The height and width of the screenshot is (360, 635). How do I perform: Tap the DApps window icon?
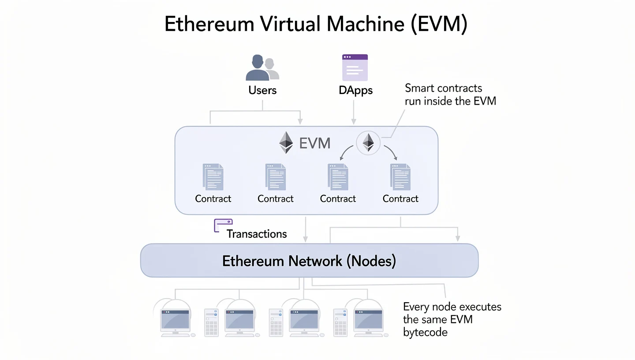[355, 67]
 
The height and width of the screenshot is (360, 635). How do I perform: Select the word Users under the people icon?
[262, 90]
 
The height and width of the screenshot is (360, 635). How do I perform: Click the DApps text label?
[355, 90]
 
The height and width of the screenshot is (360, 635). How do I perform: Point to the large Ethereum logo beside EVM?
[286, 142]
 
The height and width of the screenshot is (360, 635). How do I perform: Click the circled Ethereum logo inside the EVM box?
[368, 143]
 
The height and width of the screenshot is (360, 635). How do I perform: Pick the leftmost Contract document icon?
[213, 177]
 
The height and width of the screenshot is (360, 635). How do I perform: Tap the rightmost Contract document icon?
[400, 177]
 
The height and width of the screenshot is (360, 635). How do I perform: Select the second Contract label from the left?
[276, 199]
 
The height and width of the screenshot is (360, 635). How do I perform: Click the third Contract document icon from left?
[338, 177]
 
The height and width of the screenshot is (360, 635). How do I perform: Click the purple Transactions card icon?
[223, 225]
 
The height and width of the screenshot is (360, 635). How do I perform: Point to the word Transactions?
[257, 234]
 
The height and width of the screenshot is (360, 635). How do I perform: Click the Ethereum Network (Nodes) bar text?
[309, 261]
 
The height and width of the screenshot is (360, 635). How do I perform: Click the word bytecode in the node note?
[425, 332]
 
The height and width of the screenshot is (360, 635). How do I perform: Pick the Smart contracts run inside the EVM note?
[450, 94]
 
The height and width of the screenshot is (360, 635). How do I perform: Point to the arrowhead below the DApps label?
[353, 121]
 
